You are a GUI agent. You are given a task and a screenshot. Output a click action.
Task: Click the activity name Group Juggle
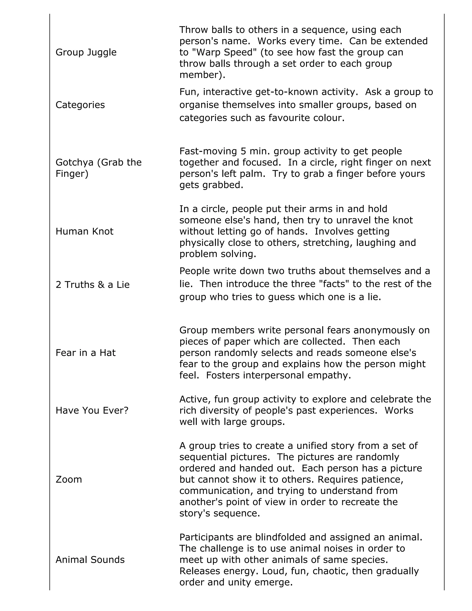click(86, 52)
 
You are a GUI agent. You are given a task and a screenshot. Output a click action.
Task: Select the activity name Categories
click(80, 105)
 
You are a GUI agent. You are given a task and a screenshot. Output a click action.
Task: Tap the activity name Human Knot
click(84, 231)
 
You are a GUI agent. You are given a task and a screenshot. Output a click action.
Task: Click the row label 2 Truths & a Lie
click(93, 285)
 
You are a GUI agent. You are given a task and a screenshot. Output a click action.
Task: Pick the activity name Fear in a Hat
click(85, 353)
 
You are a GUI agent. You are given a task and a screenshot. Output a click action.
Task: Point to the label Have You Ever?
click(92, 410)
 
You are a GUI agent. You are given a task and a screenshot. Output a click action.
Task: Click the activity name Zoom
click(68, 480)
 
